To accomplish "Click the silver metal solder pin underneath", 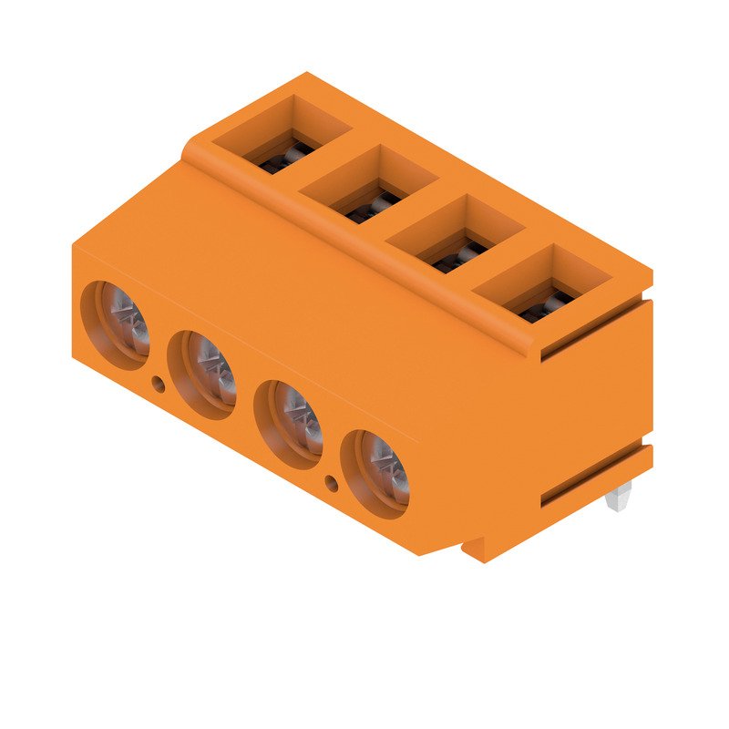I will (620, 497).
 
